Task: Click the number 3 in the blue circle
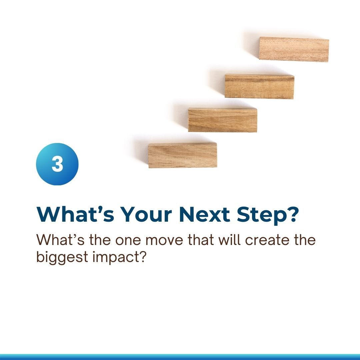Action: (x=57, y=164)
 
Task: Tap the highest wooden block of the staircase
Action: (x=294, y=49)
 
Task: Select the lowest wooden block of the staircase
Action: (x=183, y=155)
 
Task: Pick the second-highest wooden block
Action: (x=259, y=86)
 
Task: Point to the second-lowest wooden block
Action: (x=223, y=120)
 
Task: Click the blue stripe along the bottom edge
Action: (x=180, y=357)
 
